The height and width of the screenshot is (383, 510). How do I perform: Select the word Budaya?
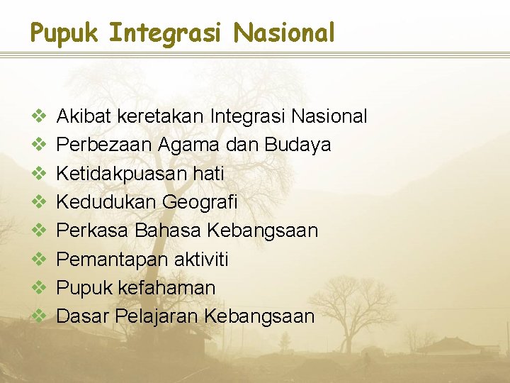pyautogui.click(x=297, y=145)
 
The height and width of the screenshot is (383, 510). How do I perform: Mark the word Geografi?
pyautogui.click(x=200, y=202)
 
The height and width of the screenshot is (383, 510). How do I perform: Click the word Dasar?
pyautogui.click(x=79, y=316)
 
